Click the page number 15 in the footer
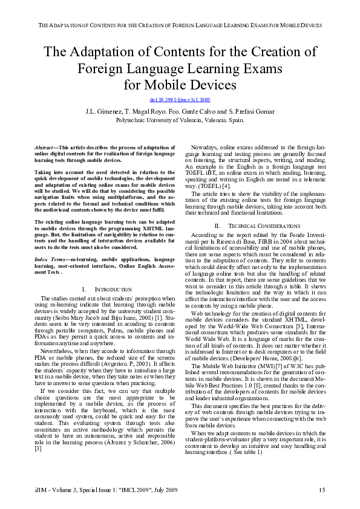(x=322, y=488)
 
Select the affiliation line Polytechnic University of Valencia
(x=180, y=120)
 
